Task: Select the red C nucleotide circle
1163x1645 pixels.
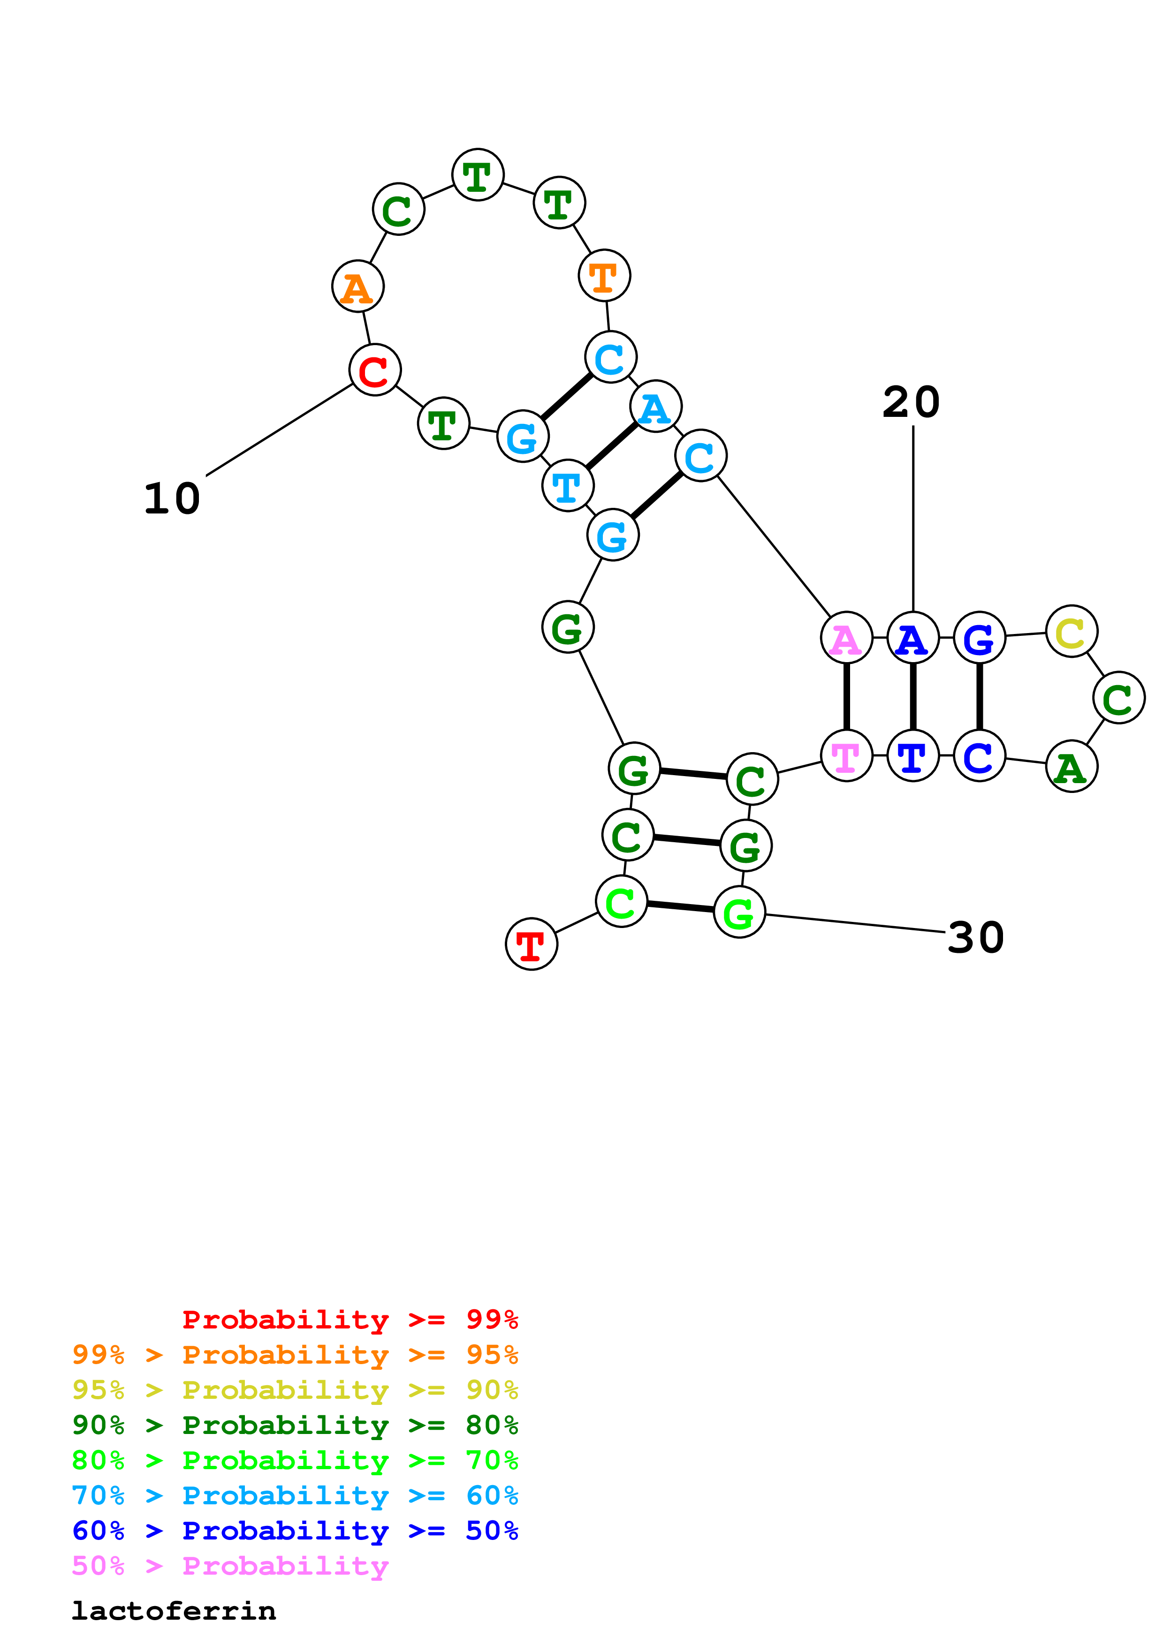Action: (375, 370)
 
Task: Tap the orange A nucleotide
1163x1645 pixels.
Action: (357, 286)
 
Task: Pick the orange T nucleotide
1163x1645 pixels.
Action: (604, 275)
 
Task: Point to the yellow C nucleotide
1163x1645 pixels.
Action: (1071, 631)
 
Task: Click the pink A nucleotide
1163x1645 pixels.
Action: (846, 638)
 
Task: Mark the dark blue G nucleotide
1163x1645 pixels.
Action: (980, 638)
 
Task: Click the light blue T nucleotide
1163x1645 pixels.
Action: (568, 486)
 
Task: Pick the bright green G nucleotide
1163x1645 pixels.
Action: (739, 912)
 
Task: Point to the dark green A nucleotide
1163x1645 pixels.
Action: (1071, 767)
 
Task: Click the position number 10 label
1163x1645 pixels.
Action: (172, 498)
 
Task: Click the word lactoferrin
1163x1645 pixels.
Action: (174, 1611)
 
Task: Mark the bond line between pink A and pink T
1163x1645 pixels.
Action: (846, 696)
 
